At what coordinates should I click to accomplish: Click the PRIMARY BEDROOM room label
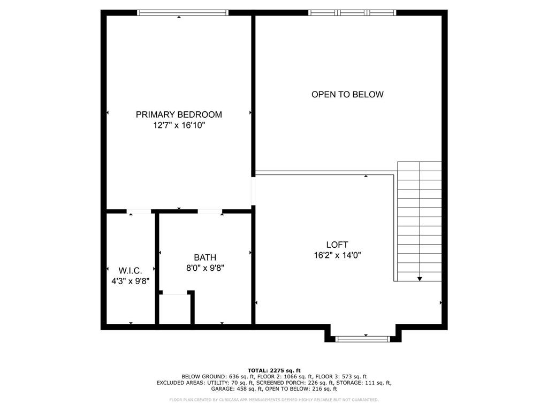pyautogui.click(x=179, y=115)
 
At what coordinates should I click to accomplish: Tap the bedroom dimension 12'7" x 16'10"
pyautogui.click(x=179, y=125)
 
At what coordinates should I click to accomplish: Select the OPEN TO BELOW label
pyautogui.click(x=347, y=94)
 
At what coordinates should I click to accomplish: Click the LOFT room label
pyautogui.click(x=337, y=245)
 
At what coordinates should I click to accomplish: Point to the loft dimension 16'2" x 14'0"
pyautogui.click(x=337, y=255)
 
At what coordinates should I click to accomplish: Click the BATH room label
pyautogui.click(x=205, y=257)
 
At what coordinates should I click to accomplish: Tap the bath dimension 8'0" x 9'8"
pyautogui.click(x=205, y=268)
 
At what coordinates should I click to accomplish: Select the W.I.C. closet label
pyautogui.click(x=131, y=270)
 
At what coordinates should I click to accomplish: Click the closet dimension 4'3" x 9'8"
pyautogui.click(x=131, y=281)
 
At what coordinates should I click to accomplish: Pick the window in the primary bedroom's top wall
pyautogui.click(x=182, y=13)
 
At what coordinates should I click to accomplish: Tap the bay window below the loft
pyautogui.click(x=362, y=339)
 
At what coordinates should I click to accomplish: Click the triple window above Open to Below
pyautogui.click(x=352, y=13)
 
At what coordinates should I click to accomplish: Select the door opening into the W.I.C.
pyautogui.click(x=139, y=211)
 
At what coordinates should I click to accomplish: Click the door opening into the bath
pyautogui.click(x=210, y=211)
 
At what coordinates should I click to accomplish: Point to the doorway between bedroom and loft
pyautogui.click(x=253, y=192)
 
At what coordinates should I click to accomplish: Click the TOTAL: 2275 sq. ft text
pyautogui.click(x=274, y=370)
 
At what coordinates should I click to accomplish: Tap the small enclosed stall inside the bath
pyautogui.click(x=175, y=309)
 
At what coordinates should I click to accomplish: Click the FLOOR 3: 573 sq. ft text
pyautogui.click(x=341, y=377)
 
